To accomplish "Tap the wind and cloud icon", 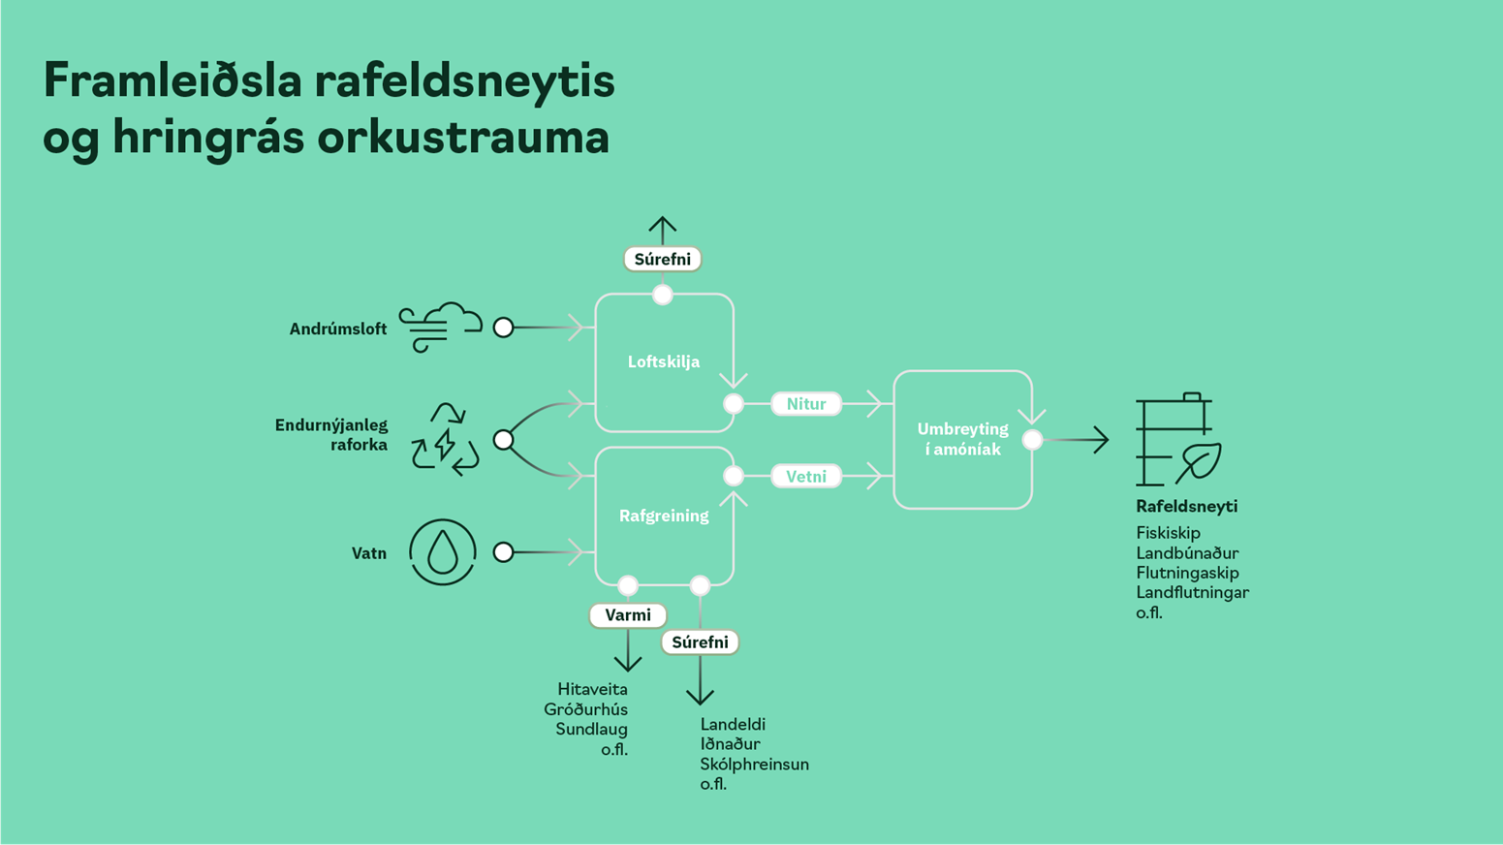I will coord(441,328).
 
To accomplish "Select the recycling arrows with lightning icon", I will coord(445,441).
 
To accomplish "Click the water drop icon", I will coord(443,552).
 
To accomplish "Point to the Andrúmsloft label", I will coord(337,329).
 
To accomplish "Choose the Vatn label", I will coord(368,554).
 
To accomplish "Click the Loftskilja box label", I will coord(664,362).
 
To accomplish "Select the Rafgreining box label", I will coord(664,516).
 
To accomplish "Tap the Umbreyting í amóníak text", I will coord(962,440).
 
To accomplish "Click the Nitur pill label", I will coord(806,404).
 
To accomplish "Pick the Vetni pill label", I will coord(806,477).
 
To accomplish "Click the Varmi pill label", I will coord(628,615).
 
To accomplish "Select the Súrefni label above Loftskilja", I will coord(663,260).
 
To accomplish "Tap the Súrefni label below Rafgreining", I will coord(700,642).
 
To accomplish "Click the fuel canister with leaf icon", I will coord(1177,440).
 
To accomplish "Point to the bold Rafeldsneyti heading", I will coord(1186,507).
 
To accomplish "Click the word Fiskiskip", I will coord(1168,533).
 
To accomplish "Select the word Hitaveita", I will coord(592,690).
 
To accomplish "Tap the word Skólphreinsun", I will coord(754,765).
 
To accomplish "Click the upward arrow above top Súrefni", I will coord(663,230).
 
